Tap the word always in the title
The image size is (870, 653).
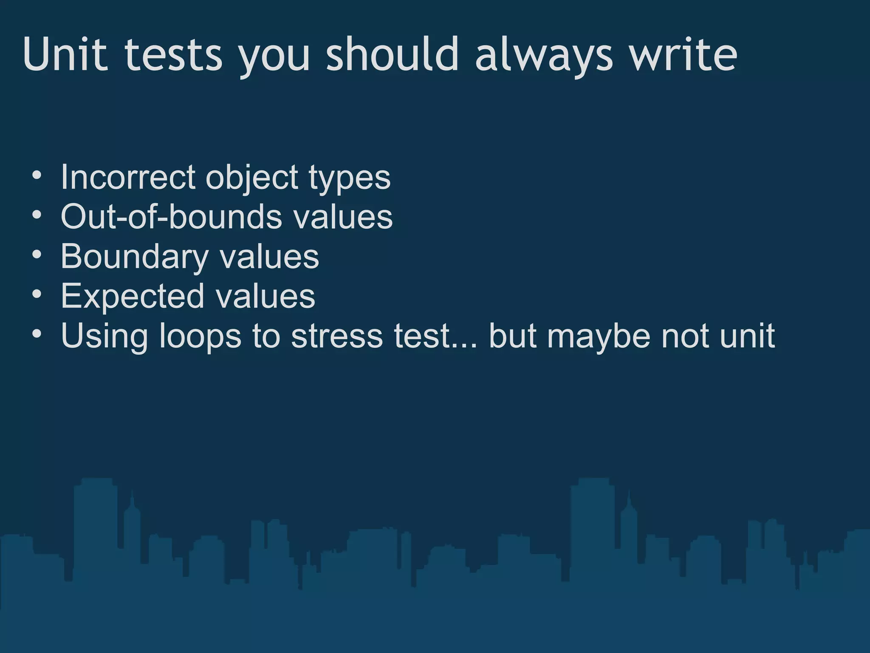pos(544,55)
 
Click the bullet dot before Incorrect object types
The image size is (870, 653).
pos(37,175)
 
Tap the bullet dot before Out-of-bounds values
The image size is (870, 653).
pos(37,215)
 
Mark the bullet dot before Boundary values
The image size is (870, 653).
pos(37,254)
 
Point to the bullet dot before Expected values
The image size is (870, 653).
pos(37,294)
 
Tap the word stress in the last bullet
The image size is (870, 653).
pos(337,336)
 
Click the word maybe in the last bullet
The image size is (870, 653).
pos(599,337)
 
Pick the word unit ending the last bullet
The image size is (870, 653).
pos(747,336)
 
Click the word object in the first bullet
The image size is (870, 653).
pos(252,178)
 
